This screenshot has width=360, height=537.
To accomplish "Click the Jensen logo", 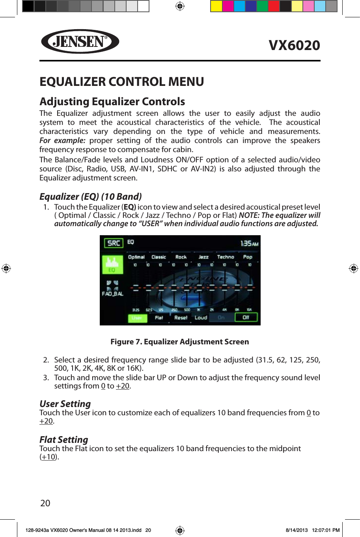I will click(80, 41).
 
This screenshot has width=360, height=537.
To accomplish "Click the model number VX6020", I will click(294, 45).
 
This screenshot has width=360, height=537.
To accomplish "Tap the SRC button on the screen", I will click(114, 243).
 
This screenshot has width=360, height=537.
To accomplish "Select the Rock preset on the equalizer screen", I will click(181, 257).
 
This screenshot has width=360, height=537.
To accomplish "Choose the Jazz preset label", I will click(203, 257).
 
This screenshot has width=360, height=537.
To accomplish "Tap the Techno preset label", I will click(226, 257).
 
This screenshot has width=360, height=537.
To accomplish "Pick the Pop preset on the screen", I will click(248, 257).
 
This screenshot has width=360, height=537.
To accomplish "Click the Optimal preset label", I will click(136, 257).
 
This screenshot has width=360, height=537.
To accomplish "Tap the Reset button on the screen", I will click(181, 318).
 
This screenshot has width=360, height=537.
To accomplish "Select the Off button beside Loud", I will click(246, 318).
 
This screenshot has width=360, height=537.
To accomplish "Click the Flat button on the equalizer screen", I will click(159, 318).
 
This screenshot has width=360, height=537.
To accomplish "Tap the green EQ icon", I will click(112, 264).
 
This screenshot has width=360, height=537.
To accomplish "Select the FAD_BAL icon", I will click(113, 288).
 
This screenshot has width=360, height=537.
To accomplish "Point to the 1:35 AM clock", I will click(249, 243).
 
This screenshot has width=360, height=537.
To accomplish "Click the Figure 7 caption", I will click(180, 342).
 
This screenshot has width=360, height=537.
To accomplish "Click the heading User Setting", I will click(65, 404).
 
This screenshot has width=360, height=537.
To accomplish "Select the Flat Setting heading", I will click(64, 440).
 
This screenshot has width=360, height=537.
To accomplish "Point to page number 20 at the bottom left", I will click(45, 503).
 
